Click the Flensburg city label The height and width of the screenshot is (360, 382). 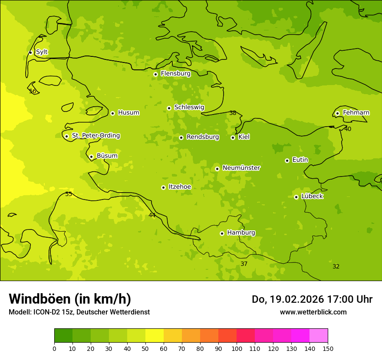click(x=175, y=74)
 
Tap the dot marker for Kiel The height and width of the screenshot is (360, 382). click(x=233, y=137)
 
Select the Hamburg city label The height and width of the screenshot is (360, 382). click(x=241, y=233)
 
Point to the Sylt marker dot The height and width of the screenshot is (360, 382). click(x=30, y=52)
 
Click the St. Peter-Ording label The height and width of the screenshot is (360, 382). click(x=95, y=136)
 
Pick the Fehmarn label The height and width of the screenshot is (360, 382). click(x=356, y=113)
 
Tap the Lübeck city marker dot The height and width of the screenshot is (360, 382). click(x=296, y=197)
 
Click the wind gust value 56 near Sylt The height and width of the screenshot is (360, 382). click(x=33, y=92)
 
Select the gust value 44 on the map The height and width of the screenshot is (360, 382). click(x=152, y=216)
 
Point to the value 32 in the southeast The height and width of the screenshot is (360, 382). click(x=336, y=267)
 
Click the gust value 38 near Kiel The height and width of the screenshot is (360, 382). click(x=233, y=113)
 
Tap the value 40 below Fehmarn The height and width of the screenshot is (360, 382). click(x=348, y=129)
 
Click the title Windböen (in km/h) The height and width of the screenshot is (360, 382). click(x=70, y=299)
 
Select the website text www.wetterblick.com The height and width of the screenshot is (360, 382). click(x=313, y=312)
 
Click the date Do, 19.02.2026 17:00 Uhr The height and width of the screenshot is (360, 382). click(x=312, y=299)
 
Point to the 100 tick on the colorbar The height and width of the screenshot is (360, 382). click(x=237, y=348)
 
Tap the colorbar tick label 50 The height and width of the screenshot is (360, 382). click(x=145, y=348)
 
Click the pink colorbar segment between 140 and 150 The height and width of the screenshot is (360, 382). click(x=319, y=336)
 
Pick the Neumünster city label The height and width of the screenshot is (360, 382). click(x=241, y=168)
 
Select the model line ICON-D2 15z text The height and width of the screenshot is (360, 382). click(x=79, y=312)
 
